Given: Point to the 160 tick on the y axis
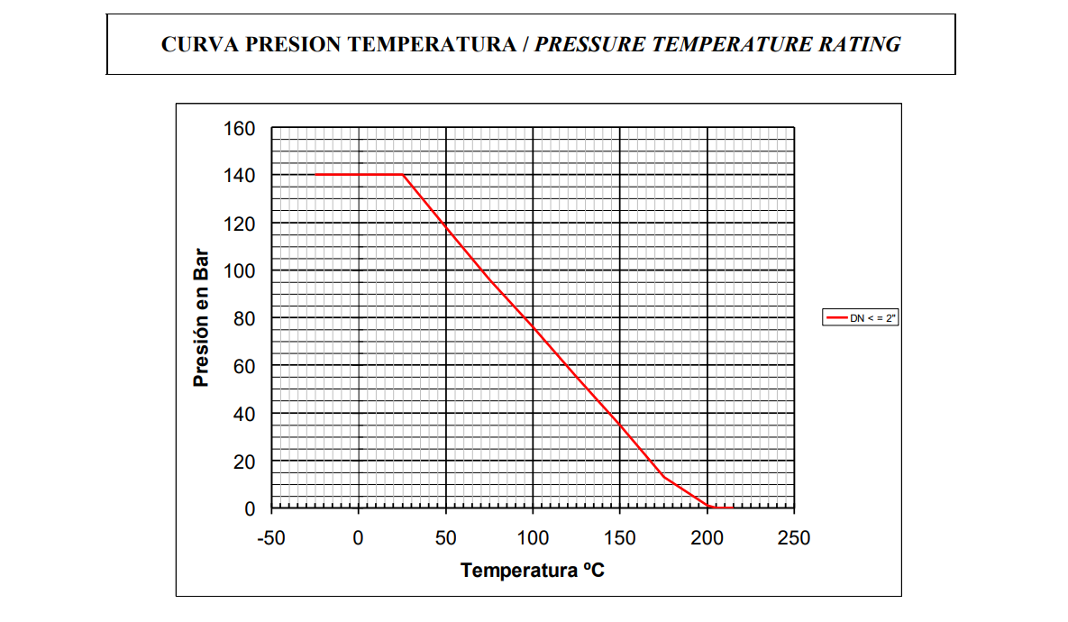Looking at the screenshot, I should click(x=239, y=129).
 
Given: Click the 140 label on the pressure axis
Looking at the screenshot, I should click(x=239, y=175).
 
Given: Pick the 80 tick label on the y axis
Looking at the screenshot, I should click(x=244, y=318).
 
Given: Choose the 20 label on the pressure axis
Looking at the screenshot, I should click(x=244, y=462).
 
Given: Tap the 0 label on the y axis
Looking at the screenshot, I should click(x=250, y=509).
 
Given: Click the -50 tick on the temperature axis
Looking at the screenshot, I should click(x=270, y=538).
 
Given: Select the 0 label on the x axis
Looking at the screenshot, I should click(x=359, y=538).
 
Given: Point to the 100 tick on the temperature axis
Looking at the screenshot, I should click(x=533, y=538).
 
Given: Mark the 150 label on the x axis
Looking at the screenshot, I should click(x=620, y=538).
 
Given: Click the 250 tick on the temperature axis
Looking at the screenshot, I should click(x=794, y=538).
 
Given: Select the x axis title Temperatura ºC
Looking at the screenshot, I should click(x=532, y=571).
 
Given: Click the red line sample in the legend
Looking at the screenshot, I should click(x=837, y=317).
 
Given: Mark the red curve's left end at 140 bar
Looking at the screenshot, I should click(x=315, y=175).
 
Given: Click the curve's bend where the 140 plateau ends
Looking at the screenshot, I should click(x=403, y=175).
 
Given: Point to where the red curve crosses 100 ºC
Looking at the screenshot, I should click(x=533, y=325).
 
